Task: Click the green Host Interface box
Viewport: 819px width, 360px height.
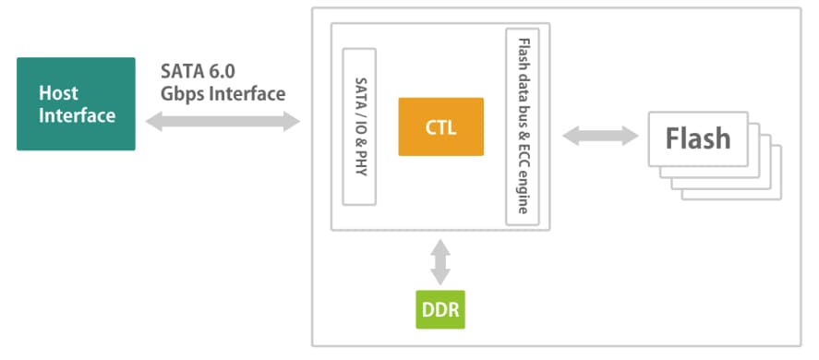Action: [76, 104]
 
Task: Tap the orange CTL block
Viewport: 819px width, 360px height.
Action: [440, 126]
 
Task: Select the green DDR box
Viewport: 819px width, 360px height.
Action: [440, 309]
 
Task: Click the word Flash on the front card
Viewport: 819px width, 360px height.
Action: [698, 138]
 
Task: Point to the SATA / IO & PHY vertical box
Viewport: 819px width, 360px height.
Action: [359, 126]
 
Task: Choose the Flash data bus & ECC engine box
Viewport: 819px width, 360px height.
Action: [523, 126]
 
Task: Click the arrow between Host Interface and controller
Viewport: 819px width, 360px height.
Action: [223, 122]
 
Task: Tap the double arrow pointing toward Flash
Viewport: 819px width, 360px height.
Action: [600, 136]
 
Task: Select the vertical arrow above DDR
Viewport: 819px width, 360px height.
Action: [440, 261]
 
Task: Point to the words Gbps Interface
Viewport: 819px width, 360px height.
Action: [223, 93]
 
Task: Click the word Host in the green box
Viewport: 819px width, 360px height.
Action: [58, 93]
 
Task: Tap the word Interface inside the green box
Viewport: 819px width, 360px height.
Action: [78, 115]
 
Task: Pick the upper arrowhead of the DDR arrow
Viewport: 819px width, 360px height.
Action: [440, 246]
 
